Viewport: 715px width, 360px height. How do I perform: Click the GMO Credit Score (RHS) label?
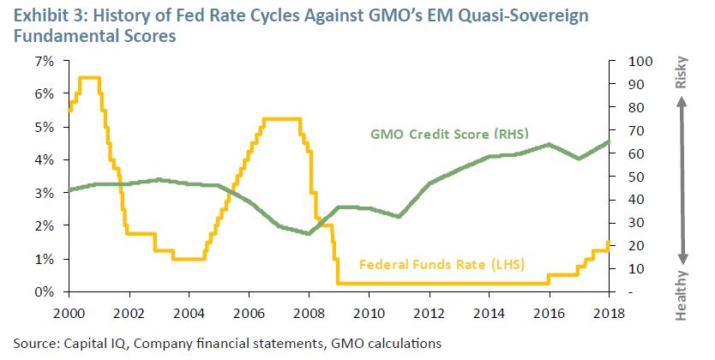coord(448,135)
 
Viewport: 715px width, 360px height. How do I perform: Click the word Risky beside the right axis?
coord(682,75)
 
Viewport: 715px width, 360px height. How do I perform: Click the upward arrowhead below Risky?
coord(683,100)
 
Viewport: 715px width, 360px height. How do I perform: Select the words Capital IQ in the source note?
coord(88,343)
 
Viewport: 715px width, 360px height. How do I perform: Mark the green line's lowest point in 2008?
coord(309,233)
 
